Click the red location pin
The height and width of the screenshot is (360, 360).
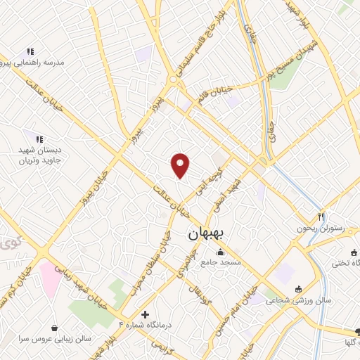coord(181,165)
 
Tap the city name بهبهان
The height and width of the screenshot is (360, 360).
coord(205,237)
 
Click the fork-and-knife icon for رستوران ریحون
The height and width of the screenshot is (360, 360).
coord(321,217)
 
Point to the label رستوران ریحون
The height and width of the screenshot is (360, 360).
coord(311,229)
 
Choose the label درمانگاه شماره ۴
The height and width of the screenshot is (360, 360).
coord(146,325)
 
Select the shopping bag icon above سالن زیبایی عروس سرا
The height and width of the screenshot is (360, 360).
coord(54,327)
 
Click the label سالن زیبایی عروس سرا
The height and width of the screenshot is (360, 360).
coord(53,338)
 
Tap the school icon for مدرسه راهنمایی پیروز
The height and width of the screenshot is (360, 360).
coord(30,51)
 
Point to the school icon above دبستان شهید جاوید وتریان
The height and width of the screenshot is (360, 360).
coord(39,139)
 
